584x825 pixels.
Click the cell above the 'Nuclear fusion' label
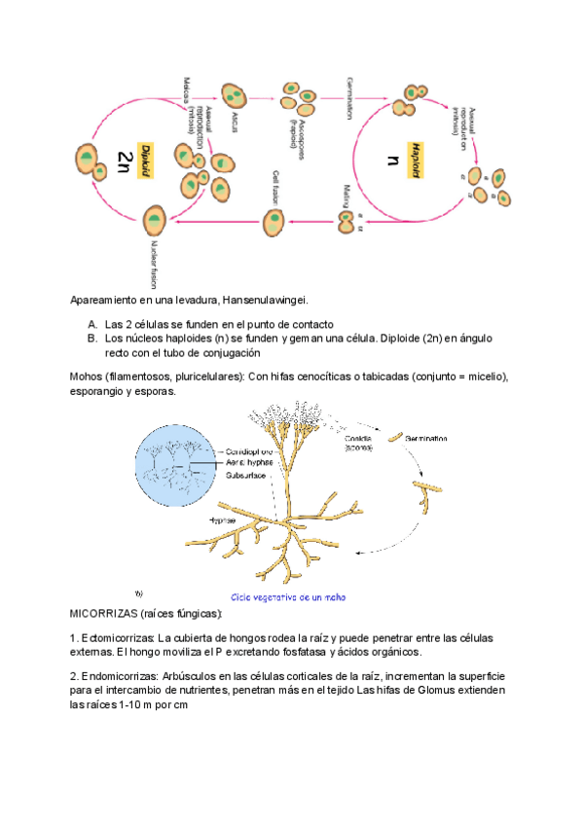pos(153,221)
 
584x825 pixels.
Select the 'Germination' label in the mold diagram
pos(428,440)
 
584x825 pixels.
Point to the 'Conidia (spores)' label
pos(364,444)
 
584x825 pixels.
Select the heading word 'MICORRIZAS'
pos(104,615)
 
